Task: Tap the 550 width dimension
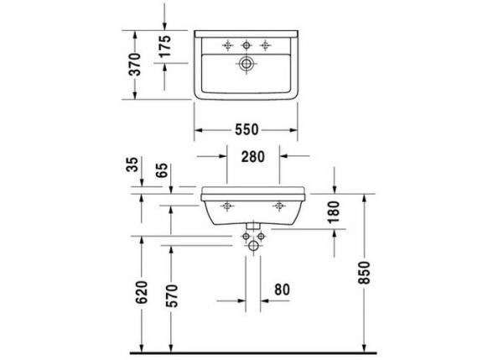coord(246,130)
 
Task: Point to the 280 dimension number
coord(254,155)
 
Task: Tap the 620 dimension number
coord(141,291)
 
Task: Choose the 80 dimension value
coord(282,290)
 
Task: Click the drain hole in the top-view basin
coord(246,63)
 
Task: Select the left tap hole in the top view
coord(226,44)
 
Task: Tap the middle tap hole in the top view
coord(246,44)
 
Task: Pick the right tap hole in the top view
coord(267,44)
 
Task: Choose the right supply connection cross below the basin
coord(260,239)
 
